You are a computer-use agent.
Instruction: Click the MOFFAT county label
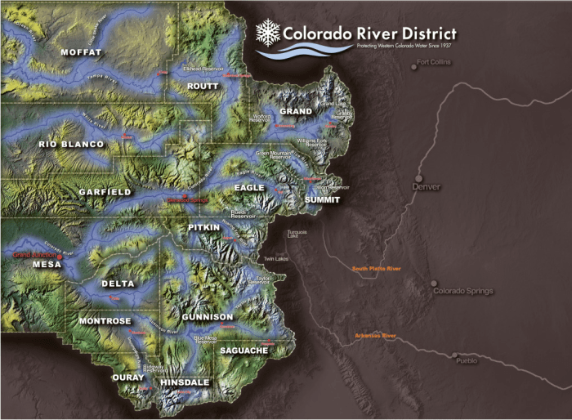pyautogui.click(x=81, y=52)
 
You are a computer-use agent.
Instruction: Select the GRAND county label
pyautogui.click(x=296, y=110)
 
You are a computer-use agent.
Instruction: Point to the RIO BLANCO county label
pyautogui.click(x=71, y=145)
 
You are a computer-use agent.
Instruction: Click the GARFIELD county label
pyautogui.click(x=105, y=192)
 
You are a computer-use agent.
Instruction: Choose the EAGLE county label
pyautogui.click(x=249, y=187)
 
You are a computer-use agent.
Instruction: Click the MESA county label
pyautogui.click(x=47, y=266)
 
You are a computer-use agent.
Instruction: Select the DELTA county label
pyautogui.click(x=118, y=284)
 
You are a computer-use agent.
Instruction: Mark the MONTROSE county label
pyautogui.click(x=105, y=321)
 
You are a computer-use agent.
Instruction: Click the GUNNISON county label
pyautogui.click(x=208, y=316)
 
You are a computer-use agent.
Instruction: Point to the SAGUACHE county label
pyautogui.click(x=244, y=351)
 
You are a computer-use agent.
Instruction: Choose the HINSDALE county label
pyautogui.click(x=185, y=382)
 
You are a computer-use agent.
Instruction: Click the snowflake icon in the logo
pyautogui.click(x=267, y=33)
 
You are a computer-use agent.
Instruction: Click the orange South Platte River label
pyautogui.click(x=377, y=268)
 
